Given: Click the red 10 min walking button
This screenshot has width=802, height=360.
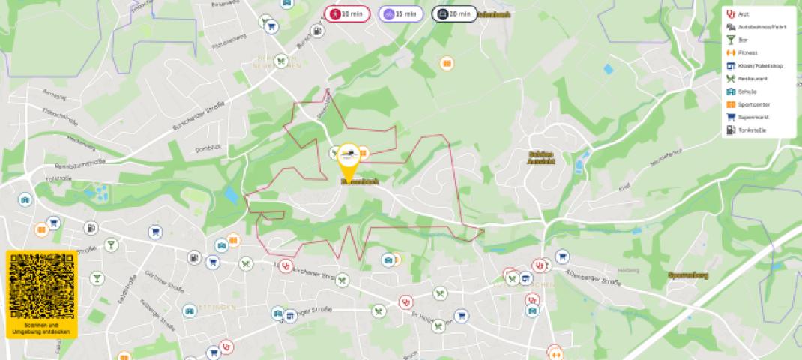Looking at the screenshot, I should click(346, 13).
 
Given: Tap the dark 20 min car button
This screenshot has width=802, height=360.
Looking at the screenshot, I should click(454, 13).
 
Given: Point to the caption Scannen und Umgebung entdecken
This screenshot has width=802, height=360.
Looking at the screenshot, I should click(42, 328).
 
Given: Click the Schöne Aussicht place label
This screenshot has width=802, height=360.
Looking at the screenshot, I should click(540, 157).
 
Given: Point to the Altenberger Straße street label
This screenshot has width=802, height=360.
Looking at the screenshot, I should click(594, 277).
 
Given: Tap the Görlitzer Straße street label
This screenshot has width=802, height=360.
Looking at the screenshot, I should click(158, 280).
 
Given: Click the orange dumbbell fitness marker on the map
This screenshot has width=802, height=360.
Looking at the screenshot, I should click(555, 350).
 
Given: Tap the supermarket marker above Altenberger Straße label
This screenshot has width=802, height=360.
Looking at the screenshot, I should click(562, 257).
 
